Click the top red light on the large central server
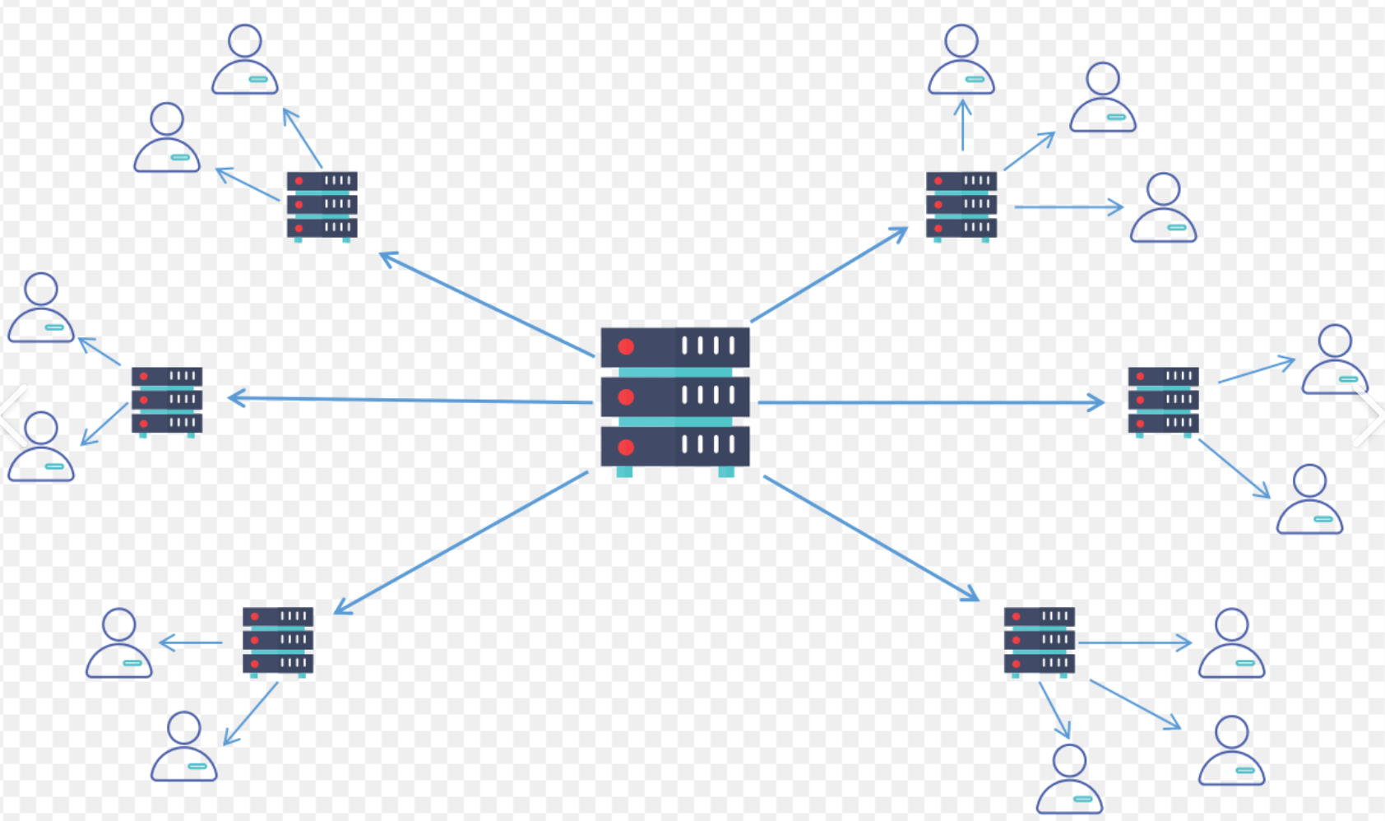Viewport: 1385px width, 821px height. pyautogui.click(x=626, y=347)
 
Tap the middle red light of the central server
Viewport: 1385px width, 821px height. pyautogui.click(x=626, y=397)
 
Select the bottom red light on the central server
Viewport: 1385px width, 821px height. pyautogui.click(x=626, y=448)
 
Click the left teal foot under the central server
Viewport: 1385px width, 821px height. pyautogui.click(x=624, y=472)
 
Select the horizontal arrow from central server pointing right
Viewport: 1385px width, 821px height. pyautogui.click(x=929, y=403)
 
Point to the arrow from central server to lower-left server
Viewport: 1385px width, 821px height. pyautogui.click(x=461, y=543)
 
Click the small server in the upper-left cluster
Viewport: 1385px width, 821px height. pyautogui.click(x=322, y=205)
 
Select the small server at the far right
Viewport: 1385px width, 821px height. pyautogui.click(x=1163, y=400)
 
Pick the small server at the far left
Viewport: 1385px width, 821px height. pyautogui.click(x=167, y=400)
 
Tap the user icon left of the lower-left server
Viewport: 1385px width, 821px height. pyautogui.click(x=119, y=643)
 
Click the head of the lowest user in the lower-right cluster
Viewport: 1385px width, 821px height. pyautogui.click(x=1069, y=760)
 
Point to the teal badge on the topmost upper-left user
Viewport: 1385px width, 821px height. pyautogui.click(x=258, y=80)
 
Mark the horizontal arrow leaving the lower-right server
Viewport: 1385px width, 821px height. pyautogui.click(x=1135, y=642)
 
